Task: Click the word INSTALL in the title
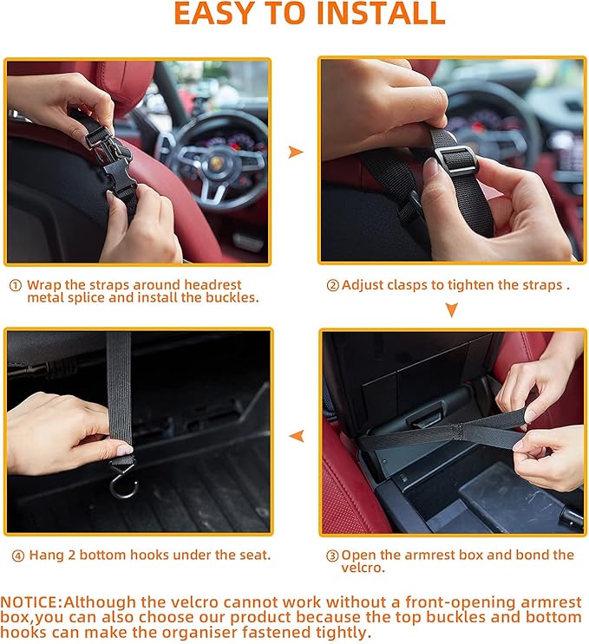tap(376, 14)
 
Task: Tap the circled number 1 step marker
tap(15, 285)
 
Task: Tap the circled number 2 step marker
tap(332, 285)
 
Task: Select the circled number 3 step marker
tap(331, 556)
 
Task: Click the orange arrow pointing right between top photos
tap(296, 152)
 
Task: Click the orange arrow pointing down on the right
tap(451, 309)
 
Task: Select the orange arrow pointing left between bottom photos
tap(296, 435)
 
